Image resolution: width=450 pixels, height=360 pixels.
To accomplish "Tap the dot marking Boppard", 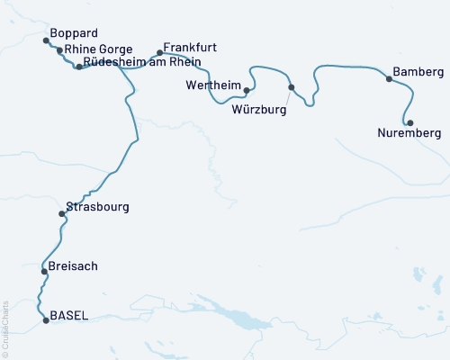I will pos(47,40).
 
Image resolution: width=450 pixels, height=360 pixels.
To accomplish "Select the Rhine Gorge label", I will pos(99,49).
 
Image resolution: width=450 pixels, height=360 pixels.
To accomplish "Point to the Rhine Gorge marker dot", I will pos(60,51).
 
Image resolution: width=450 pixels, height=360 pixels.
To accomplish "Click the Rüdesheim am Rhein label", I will pos(141,62).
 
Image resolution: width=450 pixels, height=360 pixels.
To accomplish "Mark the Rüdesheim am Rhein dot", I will pos(79,67).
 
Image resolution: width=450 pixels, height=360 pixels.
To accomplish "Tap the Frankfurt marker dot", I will pos(160,52).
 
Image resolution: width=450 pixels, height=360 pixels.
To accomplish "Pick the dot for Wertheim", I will pos(247,90).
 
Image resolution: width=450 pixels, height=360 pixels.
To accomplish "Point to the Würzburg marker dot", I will pos(291,87).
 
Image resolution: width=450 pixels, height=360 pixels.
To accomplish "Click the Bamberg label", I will pos(418,71).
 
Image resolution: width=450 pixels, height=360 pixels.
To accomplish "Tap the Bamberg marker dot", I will pos(389,79).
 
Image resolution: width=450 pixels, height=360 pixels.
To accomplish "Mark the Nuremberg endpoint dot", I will pos(410,122).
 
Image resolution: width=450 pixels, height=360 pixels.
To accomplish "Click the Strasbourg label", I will pos(97,207).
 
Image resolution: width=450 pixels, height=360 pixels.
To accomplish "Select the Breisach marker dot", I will pos(43,271).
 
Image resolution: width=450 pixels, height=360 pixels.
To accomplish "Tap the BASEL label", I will pos(69,315).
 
